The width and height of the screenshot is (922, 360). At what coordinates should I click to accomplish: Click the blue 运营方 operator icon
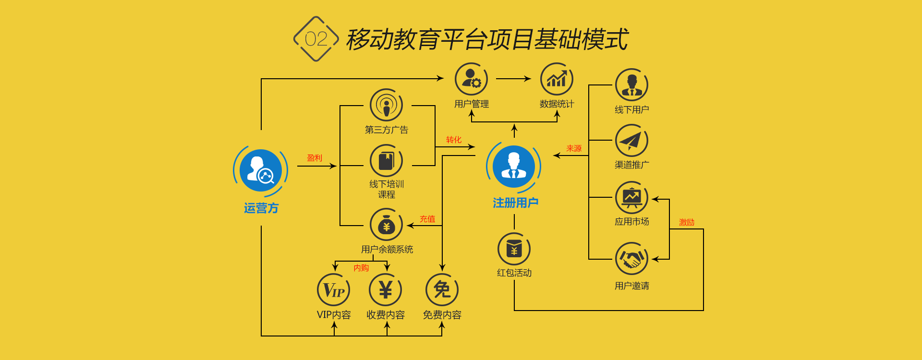[261, 170]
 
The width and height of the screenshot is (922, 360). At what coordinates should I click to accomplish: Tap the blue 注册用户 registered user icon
[514, 167]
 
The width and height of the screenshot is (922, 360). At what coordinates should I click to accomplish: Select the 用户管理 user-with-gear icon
[471, 79]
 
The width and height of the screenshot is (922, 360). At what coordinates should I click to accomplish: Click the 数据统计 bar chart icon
[557, 79]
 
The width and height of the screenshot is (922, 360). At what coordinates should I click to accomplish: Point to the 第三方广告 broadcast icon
[386, 105]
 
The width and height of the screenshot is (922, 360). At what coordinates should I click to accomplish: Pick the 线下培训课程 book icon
[386, 161]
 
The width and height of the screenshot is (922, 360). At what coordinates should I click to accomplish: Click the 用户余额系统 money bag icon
[386, 225]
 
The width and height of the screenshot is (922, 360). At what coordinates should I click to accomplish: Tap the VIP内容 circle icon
[334, 290]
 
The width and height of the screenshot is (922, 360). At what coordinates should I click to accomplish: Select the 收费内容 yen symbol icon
[386, 290]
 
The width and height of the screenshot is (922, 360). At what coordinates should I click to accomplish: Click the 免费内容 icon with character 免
[442, 290]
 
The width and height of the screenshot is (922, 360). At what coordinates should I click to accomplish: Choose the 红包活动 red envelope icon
[514, 249]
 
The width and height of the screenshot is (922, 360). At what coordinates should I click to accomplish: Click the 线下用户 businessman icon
[631, 85]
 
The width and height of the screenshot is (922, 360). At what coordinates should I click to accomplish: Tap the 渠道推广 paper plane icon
[631, 141]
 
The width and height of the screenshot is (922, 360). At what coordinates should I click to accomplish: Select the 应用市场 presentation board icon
[631, 197]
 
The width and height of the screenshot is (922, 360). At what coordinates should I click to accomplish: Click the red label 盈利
[315, 158]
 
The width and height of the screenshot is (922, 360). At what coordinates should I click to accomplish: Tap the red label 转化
[454, 140]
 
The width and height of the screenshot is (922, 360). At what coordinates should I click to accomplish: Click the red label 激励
[687, 222]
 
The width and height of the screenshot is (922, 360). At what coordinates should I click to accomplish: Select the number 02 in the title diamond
[316, 39]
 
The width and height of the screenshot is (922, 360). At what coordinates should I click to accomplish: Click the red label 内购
[361, 268]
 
